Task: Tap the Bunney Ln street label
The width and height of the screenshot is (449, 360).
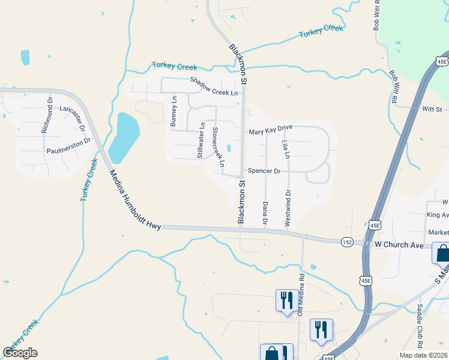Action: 173,111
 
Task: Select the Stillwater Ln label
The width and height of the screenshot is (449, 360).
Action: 200,141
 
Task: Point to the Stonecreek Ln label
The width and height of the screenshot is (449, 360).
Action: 218,147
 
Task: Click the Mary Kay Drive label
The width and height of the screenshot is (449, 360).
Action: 270,131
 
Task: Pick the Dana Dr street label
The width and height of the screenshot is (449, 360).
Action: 265,213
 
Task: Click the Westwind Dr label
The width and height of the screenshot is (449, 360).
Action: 288,208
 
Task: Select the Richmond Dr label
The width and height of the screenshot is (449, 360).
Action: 47,115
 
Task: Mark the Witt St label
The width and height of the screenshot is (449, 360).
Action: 432,110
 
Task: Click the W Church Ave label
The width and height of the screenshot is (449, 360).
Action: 399,245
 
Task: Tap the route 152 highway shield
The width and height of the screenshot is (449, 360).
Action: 346,242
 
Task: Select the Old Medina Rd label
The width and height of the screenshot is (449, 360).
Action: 301,294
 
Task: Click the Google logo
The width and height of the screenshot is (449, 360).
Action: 20,353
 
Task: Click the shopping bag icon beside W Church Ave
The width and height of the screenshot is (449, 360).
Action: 442,253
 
